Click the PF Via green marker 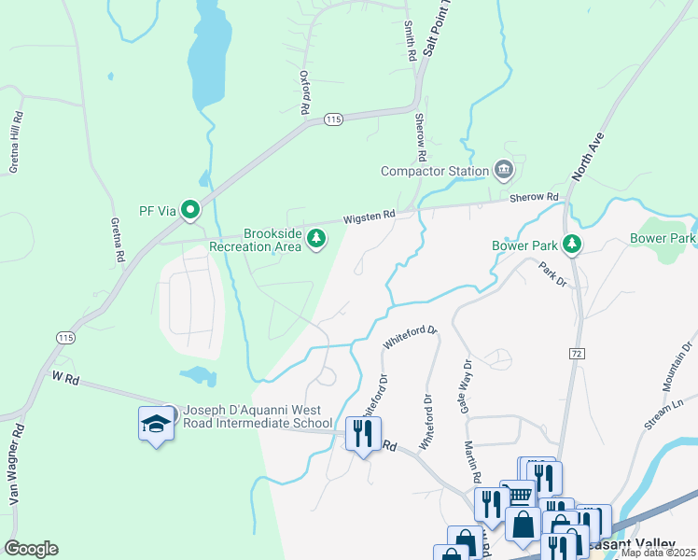(190, 210)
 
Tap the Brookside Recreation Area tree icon (316, 240)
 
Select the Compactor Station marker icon (504, 170)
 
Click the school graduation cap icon (156, 425)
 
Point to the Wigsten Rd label (369, 215)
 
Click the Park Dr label (551, 275)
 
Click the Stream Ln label (663, 412)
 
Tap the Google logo (31, 549)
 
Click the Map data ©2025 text (657, 553)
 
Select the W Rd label (63, 377)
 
